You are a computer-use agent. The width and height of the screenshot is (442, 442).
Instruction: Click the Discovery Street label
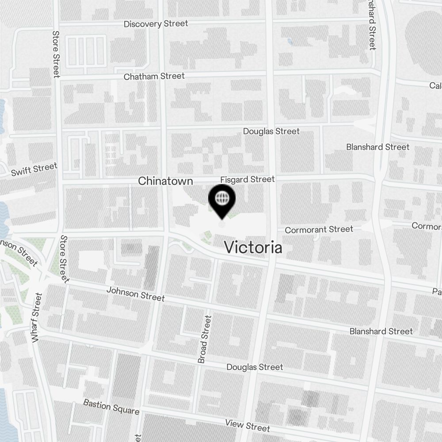point(156,24)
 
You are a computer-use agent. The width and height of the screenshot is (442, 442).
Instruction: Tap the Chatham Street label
point(154,76)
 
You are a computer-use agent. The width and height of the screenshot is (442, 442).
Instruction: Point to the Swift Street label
point(34,169)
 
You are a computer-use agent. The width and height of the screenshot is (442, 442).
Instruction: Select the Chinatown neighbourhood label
point(166,181)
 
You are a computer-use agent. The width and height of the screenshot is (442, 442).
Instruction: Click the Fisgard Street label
point(248,179)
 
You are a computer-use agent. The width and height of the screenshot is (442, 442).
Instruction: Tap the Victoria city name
point(253,248)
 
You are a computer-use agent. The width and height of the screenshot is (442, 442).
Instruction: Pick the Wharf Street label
point(36,317)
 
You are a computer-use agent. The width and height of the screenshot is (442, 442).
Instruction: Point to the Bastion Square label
point(111,407)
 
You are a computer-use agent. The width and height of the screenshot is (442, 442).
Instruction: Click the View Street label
point(248,425)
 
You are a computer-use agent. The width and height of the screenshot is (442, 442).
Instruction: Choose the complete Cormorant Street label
point(319,229)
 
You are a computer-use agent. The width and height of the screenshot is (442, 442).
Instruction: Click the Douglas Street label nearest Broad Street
point(255,367)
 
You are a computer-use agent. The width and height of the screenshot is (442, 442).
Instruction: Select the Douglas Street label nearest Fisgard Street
point(271,131)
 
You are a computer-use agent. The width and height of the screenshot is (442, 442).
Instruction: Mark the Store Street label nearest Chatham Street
point(56,54)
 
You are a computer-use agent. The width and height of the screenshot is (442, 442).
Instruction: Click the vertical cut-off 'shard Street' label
point(373,25)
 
